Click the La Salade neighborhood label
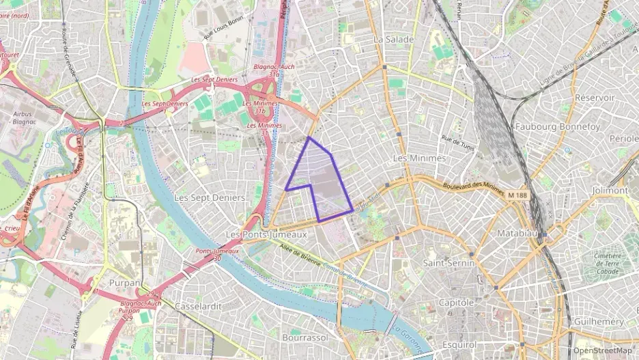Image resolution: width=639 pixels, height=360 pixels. [x=393, y=40]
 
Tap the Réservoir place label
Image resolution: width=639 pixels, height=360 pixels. [x=594, y=98]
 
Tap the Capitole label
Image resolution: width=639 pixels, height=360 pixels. [x=457, y=302]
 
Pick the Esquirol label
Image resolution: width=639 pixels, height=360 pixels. [x=459, y=344]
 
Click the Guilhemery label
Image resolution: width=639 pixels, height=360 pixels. [x=599, y=321]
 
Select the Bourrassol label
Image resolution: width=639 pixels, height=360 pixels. [x=304, y=337]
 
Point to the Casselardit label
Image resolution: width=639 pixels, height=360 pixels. [x=198, y=306]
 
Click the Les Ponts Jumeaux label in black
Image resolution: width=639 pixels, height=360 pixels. [x=266, y=234]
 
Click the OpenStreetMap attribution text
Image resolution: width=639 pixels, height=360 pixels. [x=602, y=350]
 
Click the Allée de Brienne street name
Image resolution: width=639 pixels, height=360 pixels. [x=301, y=255]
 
